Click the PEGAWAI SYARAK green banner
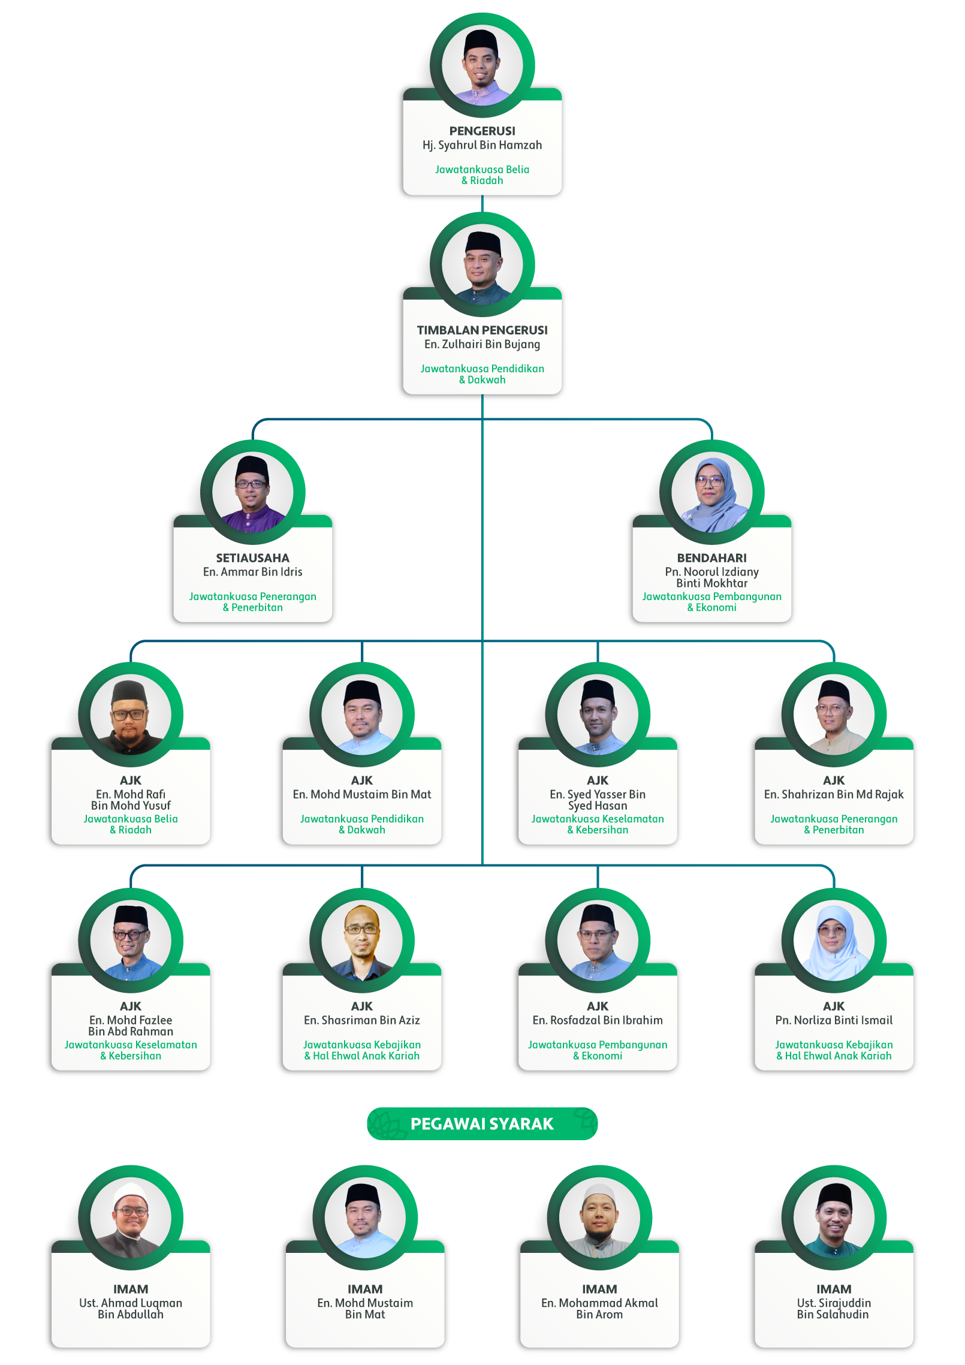pos(482,1123)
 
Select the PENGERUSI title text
pos(482,131)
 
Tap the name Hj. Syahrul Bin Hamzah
pos(482,145)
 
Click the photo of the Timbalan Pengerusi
pos(482,264)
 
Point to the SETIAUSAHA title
pos(252,558)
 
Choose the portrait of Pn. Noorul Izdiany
pos(711,492)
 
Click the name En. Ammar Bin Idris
pos(252,572)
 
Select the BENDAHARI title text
pos(711,558)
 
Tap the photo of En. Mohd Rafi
pos(131,715)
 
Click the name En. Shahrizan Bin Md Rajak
pos(833,794)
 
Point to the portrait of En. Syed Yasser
pos(598,715)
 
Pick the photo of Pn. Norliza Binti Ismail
pos(833,941)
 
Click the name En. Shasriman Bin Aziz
pos(361,1020)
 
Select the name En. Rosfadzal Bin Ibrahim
pos(598,1020)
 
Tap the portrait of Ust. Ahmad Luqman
pos(131,1218)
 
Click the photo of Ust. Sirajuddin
pos(833,1218)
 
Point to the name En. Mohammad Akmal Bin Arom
pos(599,1308)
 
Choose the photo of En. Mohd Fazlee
pos(131,941)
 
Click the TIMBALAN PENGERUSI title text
pos(482,330)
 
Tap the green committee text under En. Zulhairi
pos(482,374)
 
